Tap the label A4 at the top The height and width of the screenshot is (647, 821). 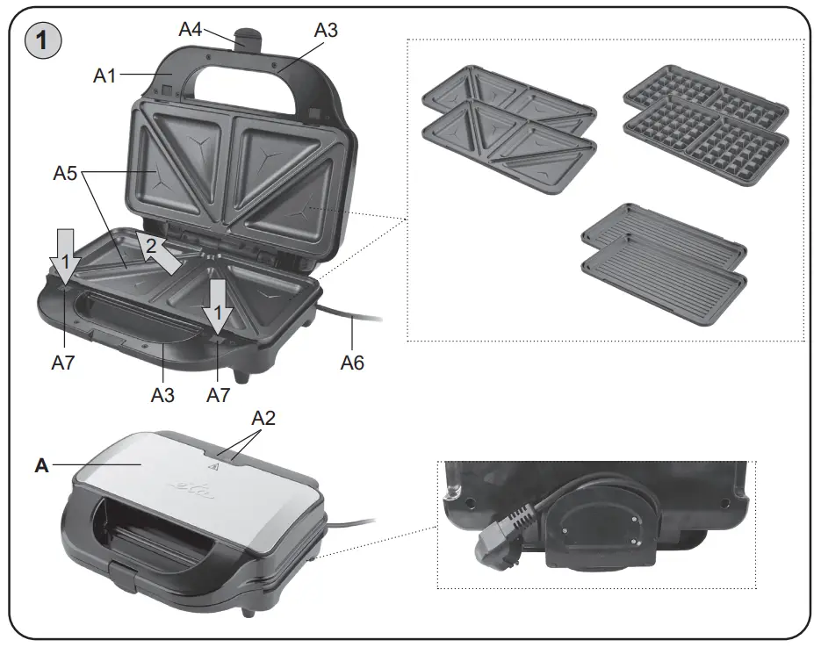[191, 29]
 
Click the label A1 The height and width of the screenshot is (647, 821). [105, 76]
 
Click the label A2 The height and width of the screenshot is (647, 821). [263, 418]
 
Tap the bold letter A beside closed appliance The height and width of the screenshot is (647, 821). [41, 466]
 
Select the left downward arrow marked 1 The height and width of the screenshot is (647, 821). [64, 255]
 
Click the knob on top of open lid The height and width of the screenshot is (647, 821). [249, 40]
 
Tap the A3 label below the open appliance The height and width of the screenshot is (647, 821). [162, 394]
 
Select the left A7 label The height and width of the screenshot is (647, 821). [62, 363]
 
